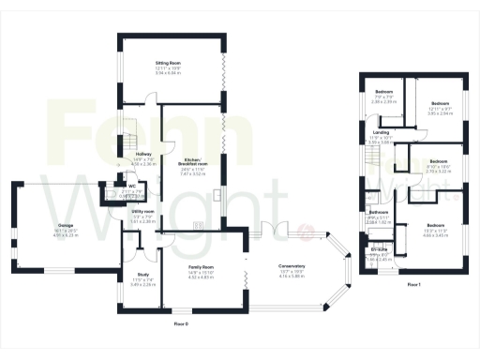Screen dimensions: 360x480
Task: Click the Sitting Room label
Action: [x=168, y=63]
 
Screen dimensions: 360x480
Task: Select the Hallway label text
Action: [x=143, y=153]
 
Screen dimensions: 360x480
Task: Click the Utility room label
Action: [x=142, y=212]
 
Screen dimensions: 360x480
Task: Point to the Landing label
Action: [x=381, y=132]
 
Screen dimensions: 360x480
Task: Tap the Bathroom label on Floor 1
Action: [x=378, y=212]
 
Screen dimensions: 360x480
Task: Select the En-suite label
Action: [x=379, y=247]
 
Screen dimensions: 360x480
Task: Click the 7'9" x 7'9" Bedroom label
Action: [x=383, y=91]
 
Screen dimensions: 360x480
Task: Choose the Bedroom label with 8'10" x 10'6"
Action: [x=432, y=161]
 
